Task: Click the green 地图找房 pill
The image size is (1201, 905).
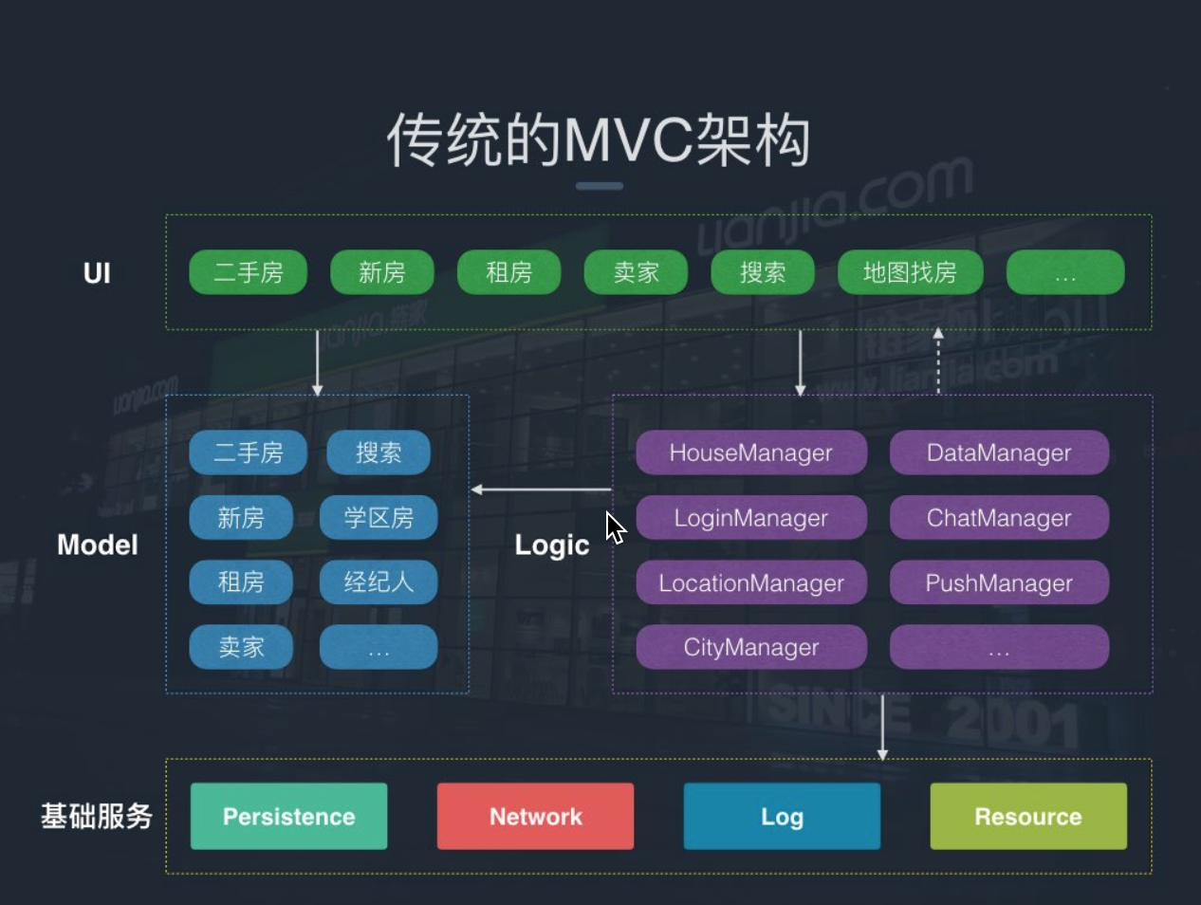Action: tap(910, 272)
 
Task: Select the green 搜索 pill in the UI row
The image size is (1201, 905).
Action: tap(762, 272)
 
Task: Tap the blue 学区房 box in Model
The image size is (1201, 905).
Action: tap(379, 518)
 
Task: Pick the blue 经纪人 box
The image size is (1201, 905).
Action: tap(379, 582)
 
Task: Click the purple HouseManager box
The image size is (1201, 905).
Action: tap(751, 452)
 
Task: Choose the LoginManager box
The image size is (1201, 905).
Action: tap(751, 518)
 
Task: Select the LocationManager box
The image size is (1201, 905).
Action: tap(751, 582)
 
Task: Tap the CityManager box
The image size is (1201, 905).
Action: tap(751, 647)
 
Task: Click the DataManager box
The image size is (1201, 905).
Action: tap(999, 452)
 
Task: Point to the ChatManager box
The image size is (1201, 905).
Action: tap(999, 518)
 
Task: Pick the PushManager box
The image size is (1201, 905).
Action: tap(999, 582)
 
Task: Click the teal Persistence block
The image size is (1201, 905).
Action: tap(289, 817)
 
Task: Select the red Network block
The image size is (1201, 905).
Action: tap(536, 817)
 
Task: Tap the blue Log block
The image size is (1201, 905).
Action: tap(782, 817)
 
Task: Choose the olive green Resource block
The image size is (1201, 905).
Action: tap(1028, 817)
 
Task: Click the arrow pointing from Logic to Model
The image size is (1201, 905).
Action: tap(541, 489)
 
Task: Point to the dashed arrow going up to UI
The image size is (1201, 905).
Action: tap(938, 360)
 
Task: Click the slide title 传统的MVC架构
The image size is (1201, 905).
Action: tap(599, 140)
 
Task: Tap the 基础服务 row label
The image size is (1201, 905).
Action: tap(97, 817)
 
